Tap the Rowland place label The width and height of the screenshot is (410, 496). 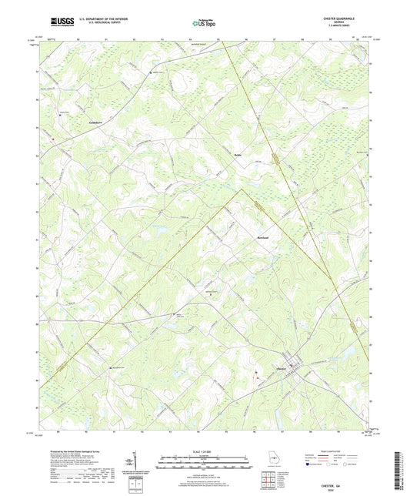tap(262, 239)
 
